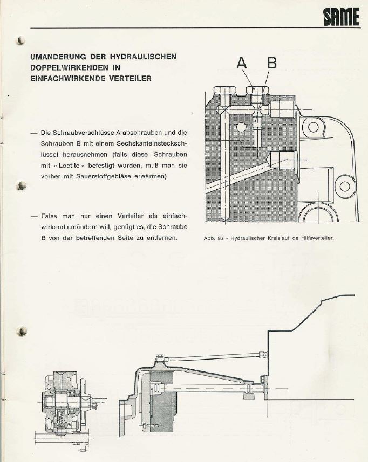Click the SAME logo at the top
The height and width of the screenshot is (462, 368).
coord(341,17)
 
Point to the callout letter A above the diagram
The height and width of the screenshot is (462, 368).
coord(242,64)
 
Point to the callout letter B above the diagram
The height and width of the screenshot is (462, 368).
coord(272,64)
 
